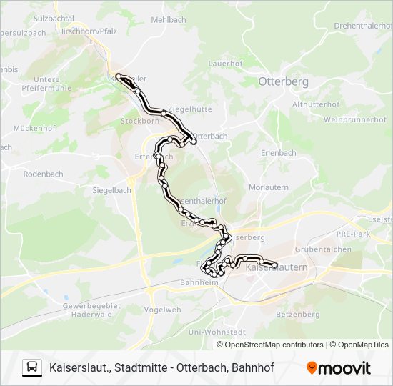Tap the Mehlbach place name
click(168, 20)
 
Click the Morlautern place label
click(267, 187)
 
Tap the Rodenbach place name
click(43, 174)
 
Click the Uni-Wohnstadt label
click(217, 332)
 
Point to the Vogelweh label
click(162, 310)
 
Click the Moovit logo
click(339, 368)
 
